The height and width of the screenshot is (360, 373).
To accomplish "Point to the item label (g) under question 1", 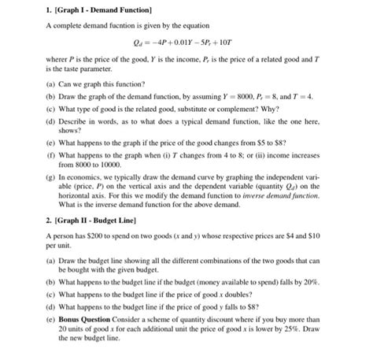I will tap(50, 179).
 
